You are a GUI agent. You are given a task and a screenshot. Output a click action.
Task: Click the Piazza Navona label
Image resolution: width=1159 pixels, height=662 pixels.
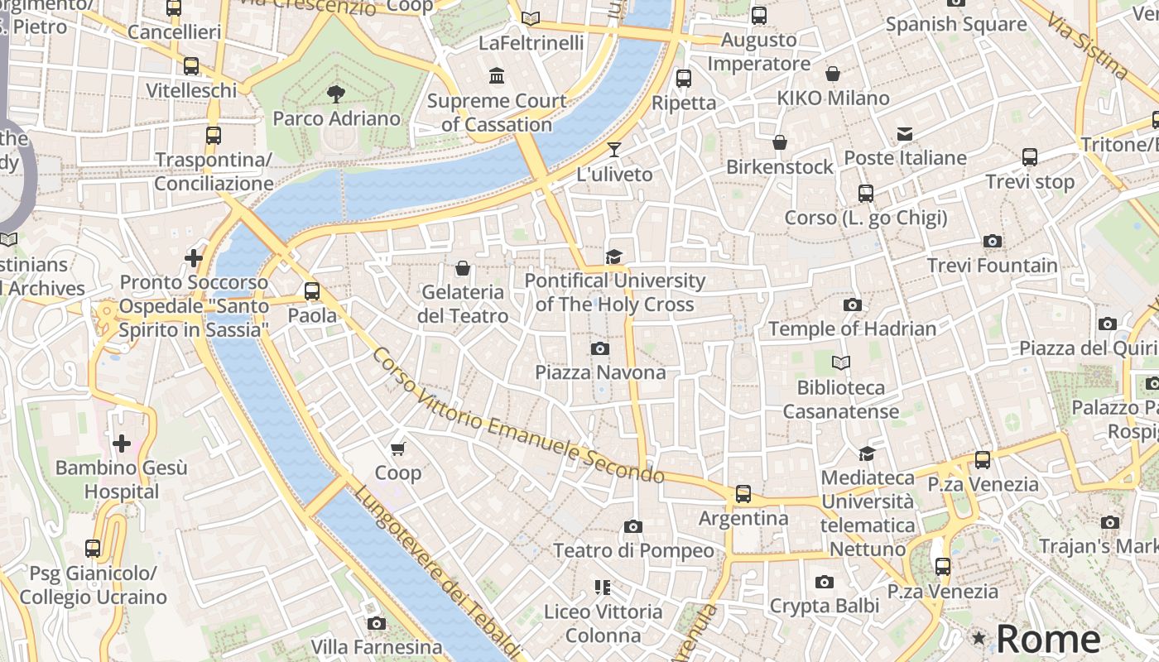[x=600, y=372]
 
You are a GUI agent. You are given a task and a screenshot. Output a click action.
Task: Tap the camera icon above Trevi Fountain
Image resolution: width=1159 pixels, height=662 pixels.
[x=992, y=242]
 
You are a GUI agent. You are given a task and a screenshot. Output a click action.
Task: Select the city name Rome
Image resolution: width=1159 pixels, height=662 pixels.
[x=1048, y=639]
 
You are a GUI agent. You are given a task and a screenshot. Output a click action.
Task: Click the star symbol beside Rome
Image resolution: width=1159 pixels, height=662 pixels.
[x=979, y=638]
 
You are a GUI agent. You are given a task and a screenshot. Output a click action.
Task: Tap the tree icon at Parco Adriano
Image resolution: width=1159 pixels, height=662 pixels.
[x=336, y=94]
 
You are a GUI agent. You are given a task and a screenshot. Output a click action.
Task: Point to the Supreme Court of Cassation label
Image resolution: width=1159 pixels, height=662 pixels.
[x=497, y=113]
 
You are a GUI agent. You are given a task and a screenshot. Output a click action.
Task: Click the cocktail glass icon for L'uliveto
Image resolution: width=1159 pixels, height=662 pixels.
[x=613, y=150]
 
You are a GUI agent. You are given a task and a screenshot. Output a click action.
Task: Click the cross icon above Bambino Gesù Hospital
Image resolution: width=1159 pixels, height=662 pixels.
[x=122, y=444]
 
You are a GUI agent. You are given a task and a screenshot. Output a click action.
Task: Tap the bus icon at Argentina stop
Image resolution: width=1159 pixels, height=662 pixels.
[x=743, y=494]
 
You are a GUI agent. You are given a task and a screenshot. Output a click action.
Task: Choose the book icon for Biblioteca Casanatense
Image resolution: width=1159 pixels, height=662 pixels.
[x=840, y=363]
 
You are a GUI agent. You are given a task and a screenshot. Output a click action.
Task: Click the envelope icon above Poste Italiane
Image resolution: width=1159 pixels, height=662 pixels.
[x=904, y=134]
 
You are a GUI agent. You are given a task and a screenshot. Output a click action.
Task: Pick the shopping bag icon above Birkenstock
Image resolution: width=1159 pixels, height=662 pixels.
[x=780, y=143]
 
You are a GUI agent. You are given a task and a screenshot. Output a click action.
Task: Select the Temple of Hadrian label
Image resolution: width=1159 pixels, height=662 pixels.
[x=852, y=329]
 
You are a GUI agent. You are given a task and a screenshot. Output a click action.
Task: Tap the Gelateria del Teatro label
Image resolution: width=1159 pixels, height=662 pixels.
[x=463, y=304]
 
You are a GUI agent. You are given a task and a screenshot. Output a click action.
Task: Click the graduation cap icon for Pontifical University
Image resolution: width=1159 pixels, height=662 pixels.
[x=613, y=257]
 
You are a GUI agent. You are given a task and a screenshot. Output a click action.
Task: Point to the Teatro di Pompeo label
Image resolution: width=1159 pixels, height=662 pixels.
[x=633, y=550]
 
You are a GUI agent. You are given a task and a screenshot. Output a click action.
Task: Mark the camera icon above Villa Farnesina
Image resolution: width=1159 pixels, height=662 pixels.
[x=377, y=623]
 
